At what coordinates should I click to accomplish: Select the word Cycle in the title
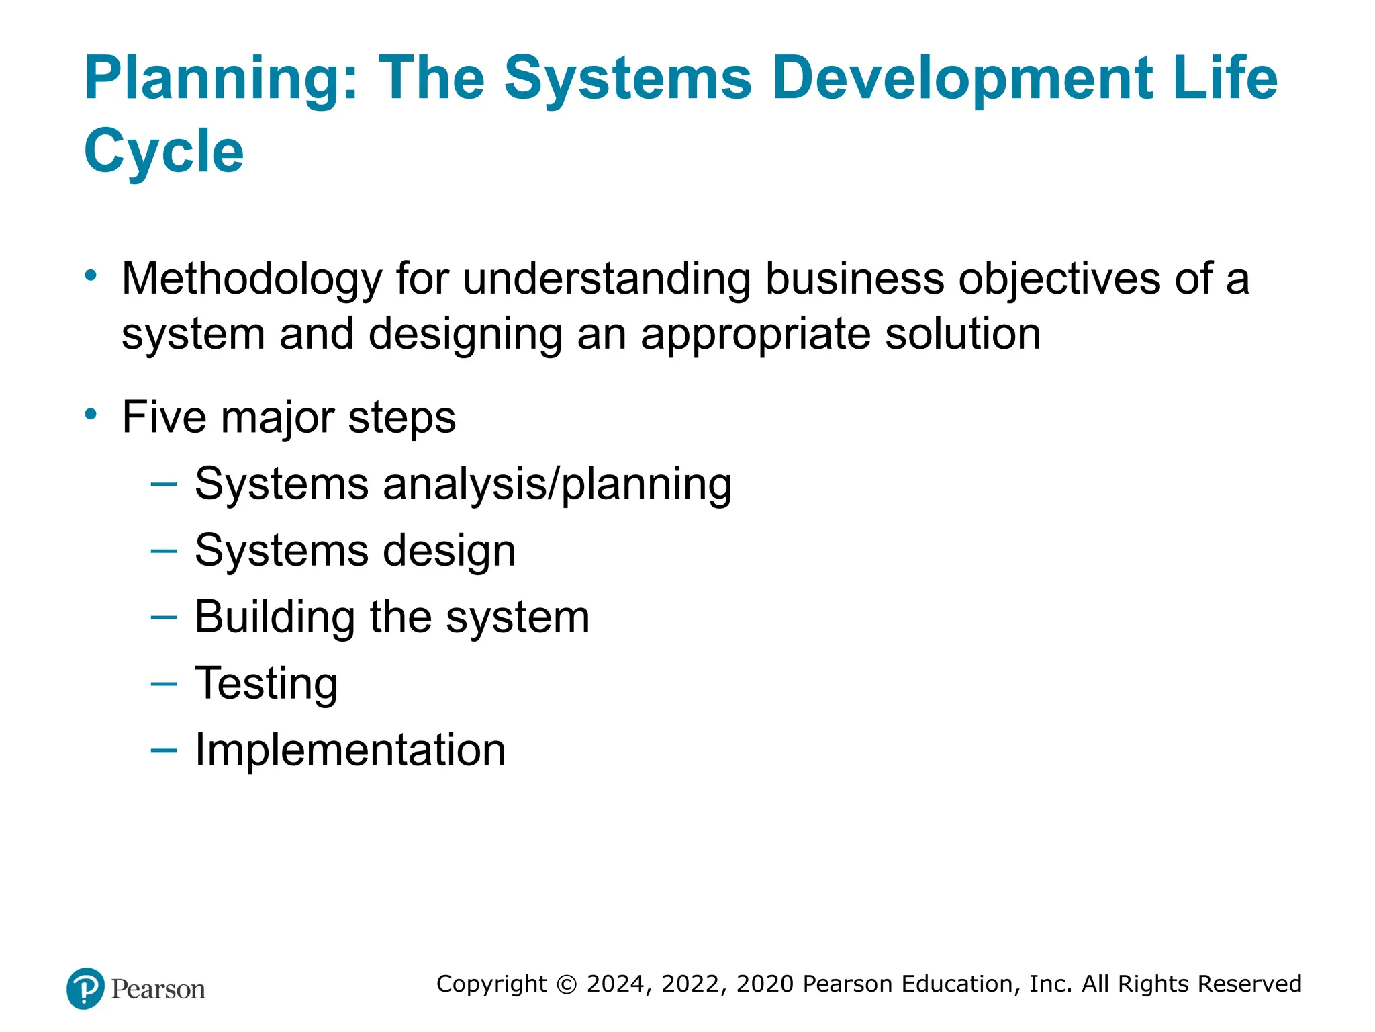[164, 152]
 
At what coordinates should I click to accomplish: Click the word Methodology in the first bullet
[252, 279]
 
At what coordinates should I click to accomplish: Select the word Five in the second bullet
[164, 417]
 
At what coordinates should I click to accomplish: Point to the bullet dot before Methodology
[91, 275]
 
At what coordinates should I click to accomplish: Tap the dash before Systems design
[164, 551]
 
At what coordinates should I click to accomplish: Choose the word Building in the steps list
[275, 617]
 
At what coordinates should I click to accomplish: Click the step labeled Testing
[266, 684]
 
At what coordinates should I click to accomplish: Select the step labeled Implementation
[350, 750]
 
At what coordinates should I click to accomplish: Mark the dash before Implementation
[164, 750]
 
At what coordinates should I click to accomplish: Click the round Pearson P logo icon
[86, 988]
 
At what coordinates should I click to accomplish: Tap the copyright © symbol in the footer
[567, 984]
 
